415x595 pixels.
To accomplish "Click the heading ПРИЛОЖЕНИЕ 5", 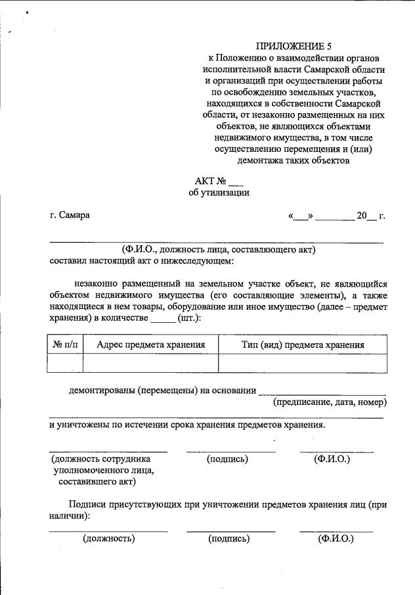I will (x=294, y=46).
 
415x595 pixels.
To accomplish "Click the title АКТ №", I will (x=210, y=181).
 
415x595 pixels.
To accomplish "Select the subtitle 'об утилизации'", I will (x=219, y=193).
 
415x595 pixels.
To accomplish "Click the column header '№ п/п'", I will (x=65, y=345).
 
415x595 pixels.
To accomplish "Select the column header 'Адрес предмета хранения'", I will (x=150, y=345).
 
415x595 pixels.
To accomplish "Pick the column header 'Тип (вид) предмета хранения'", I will (x=303, y=345).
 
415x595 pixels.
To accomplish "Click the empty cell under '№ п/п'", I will (x=65, y=363).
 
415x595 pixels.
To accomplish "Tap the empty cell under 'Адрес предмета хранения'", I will (x=150, y=363).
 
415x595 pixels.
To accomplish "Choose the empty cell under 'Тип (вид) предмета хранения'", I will (x=303, y=363).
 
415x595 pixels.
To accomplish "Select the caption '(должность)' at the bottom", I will (x=109, y=538).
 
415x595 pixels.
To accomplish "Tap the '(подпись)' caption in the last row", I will (x=229, y=538).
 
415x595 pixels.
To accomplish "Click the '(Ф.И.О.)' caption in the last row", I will (x=336, y=538).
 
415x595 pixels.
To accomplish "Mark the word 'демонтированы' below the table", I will (x=102, y=391).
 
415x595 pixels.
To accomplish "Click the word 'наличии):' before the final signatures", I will (x=70, y=517).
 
